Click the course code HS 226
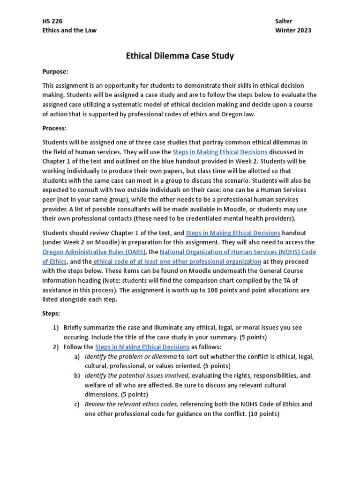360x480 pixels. coord(52,21)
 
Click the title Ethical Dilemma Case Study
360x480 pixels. coord(180,56)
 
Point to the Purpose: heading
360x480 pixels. coord(55,71)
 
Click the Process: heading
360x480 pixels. coord(54,128)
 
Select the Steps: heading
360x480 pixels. coord(51,313)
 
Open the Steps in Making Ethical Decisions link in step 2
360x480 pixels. coord(142,347)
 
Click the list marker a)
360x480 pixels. coord(76,356)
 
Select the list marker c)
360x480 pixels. coord(76,404)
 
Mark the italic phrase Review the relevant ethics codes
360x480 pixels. coord(131,404)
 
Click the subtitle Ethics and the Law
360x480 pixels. coord(69,30)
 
